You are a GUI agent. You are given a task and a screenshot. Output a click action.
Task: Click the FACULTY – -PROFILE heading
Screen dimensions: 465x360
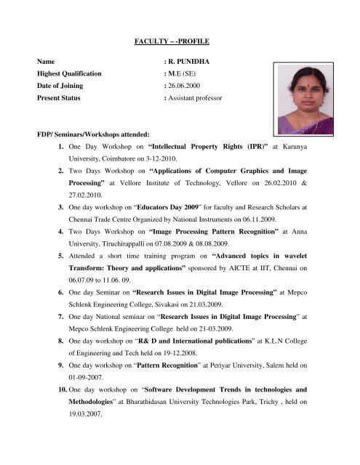[x=179, y=41]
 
